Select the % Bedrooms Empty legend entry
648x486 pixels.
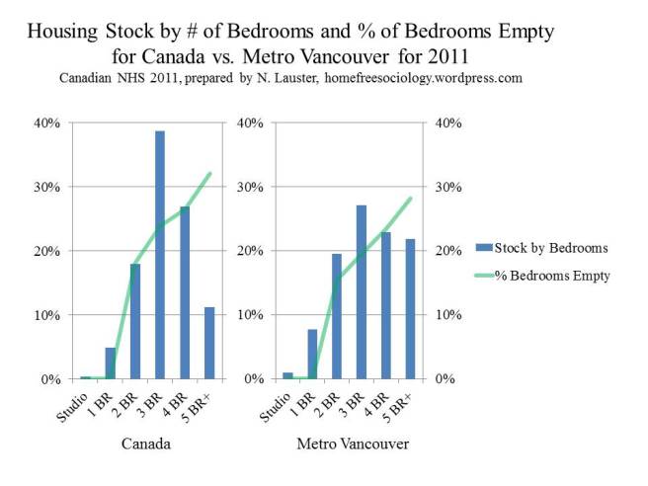tap(545, 276)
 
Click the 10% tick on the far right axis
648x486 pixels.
tap(449, 315)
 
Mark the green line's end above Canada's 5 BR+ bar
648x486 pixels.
tap(209, 174)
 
